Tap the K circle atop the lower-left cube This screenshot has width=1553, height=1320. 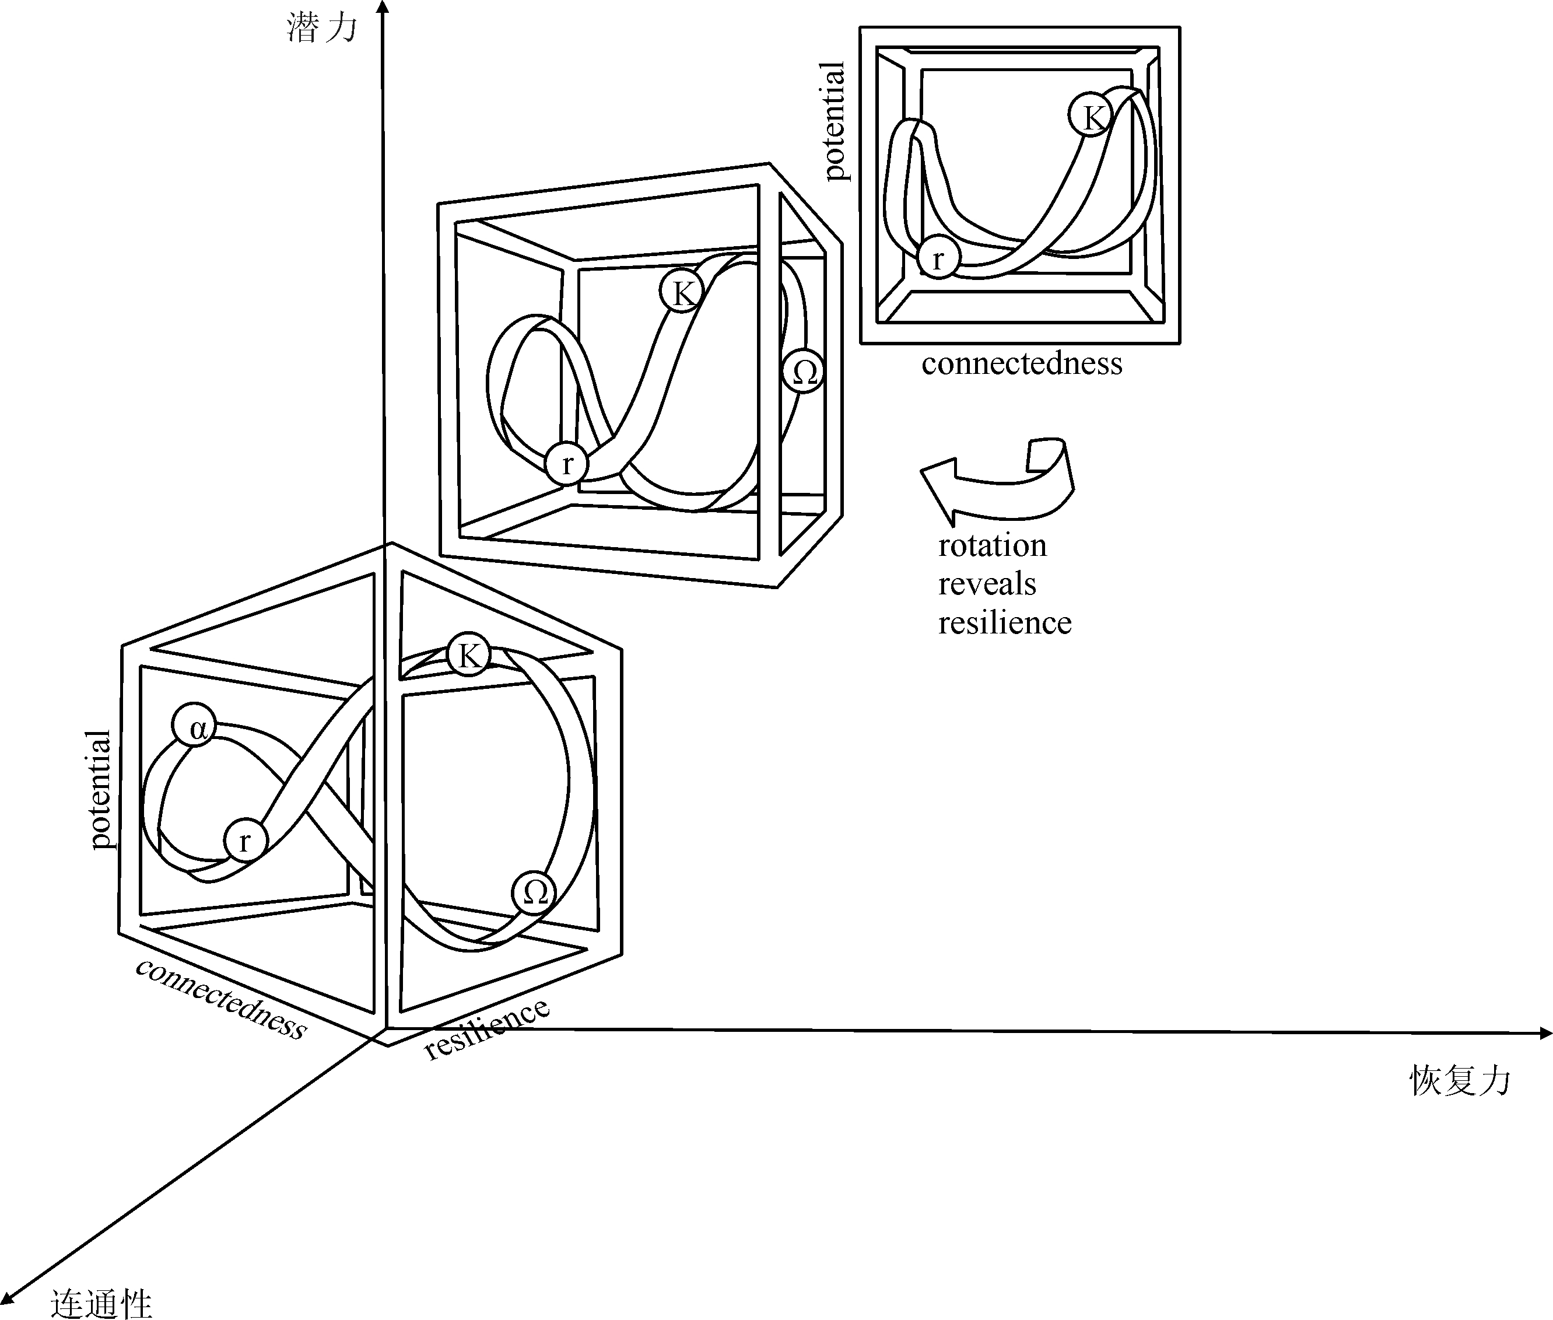click(x=468, y=655)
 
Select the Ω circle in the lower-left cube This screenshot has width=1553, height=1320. click(x=534, y=892)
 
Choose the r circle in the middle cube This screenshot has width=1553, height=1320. click(x=567, y=463)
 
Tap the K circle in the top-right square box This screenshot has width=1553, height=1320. click(x=1090, y=116)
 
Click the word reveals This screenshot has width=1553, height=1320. click(x=987, y=584)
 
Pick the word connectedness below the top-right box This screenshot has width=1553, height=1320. click(x=1022, y=363)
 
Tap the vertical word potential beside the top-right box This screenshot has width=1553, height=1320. click(x=833, y=121)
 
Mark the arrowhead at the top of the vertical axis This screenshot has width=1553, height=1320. click(x=383, y=8)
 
